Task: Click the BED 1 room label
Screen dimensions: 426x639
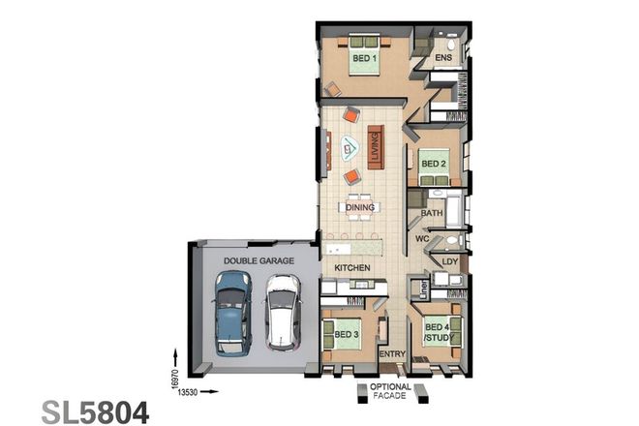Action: click(362, 59)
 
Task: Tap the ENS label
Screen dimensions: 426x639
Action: click(443, 59)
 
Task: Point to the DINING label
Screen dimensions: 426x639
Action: click(359, 207)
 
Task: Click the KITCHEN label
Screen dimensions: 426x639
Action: click(352, 266)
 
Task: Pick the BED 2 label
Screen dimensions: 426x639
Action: click(433, 164)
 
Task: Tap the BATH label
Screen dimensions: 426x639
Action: click(432, 212)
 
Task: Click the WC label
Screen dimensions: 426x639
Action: click(422, 238)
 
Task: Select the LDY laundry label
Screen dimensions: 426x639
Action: click(449, 261)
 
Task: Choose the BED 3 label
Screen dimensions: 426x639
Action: click(347, 334)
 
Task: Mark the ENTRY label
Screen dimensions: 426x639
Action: click(391, 354)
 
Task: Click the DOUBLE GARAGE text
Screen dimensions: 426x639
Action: click(255, 260)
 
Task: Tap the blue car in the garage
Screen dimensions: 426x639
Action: click(233, 310)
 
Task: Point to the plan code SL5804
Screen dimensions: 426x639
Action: click(96, 410)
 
